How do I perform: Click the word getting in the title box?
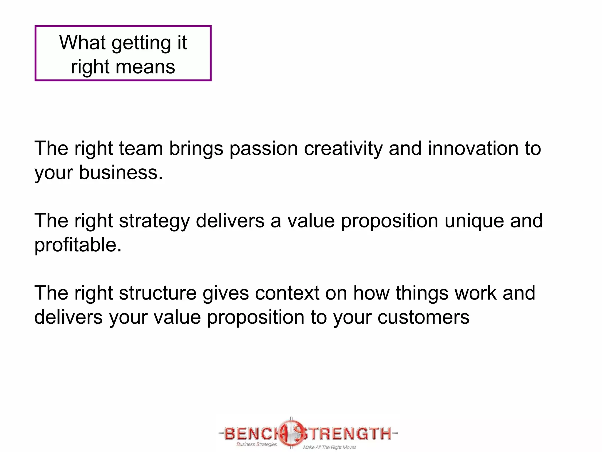pos(141,43)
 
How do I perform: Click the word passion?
pos(263,149)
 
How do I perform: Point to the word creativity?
pos(343,149)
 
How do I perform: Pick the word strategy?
pos(154,221)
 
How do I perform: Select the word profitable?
pos(78,245)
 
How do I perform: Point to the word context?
pos(287,293)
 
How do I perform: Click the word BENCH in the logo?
pos(252,433)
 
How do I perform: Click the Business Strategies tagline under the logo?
pos(256,444)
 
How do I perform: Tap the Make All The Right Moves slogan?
pos(330,447)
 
